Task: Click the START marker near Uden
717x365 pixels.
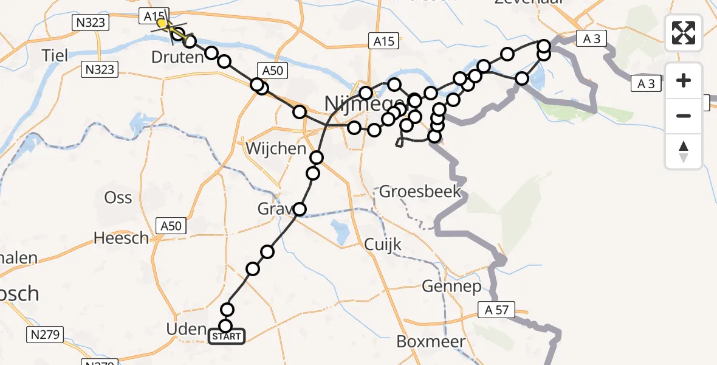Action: pyautogui.click(x=227, y=336)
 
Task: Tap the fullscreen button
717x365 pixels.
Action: pyautogui.click(x=684, y=33)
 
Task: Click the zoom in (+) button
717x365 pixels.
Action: pyautogui.click(x=684, y=80)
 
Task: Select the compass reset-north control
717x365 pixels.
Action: pyautogui.click(x=684, y=151)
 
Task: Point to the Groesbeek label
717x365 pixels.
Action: pyautogui.click(x=420, y=192)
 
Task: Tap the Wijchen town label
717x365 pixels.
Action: pyautogui.click(x=276, y=148)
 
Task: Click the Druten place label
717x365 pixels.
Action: pyautogui.click(x=177, y=58)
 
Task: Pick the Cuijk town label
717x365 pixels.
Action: pyautogui.click(x=383, y=244)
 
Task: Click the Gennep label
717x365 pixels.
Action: pyautogui.click(x=451, y=286)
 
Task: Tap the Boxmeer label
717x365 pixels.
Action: pyautogui.click(x=431, y=341)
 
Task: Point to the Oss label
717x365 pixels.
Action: pyautogui.click(x=118, y=198)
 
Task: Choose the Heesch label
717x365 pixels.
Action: pyautogui.click(x=122, y=238)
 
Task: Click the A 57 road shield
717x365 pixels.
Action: pyautogui.click(x=497, y=310)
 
